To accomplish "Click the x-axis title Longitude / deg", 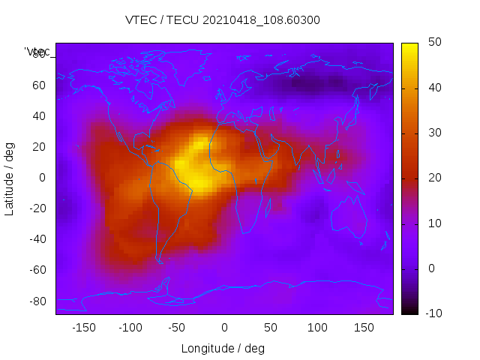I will [223, 348].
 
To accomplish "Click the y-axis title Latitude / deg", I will [10, 178].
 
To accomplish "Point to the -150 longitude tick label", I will [84, 328].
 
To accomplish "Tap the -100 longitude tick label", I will [130, 328].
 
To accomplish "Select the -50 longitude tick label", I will [177, 328].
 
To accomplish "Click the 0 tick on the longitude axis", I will [224, 328].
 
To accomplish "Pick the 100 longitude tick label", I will [317, 328].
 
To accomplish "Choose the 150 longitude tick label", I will [364, 328].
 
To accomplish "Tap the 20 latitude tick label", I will [39, 147].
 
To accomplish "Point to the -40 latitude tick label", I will [37, 239].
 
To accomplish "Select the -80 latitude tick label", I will [37, 301].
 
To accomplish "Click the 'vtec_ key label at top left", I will [37, 52].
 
